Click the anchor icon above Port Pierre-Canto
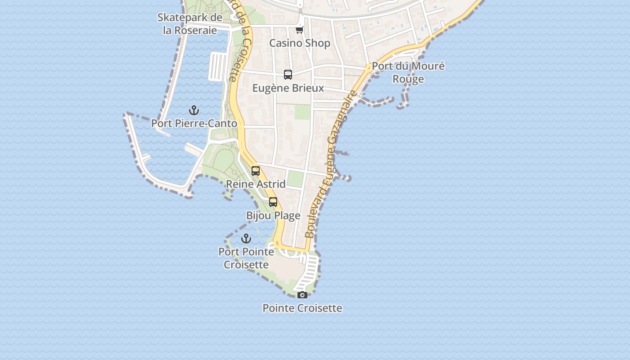[193, 110]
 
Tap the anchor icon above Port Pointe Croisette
[246, 238]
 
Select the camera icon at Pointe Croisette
[302, 295]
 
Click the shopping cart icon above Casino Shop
[300, 30]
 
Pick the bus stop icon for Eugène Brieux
[288, 75]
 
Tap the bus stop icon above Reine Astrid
[256, 171]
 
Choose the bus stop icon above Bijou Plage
[273, 202]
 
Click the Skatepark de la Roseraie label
[190, 24]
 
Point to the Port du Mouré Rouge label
[408, 72]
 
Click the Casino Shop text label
[300, 43]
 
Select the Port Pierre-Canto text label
[194, 123]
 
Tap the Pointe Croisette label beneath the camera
[302, 308]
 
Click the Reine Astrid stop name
[256, 184]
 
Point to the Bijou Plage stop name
[273, 216]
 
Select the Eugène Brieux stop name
[288, 88]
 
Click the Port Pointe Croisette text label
[246, 258]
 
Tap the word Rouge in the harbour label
[408, 79]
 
